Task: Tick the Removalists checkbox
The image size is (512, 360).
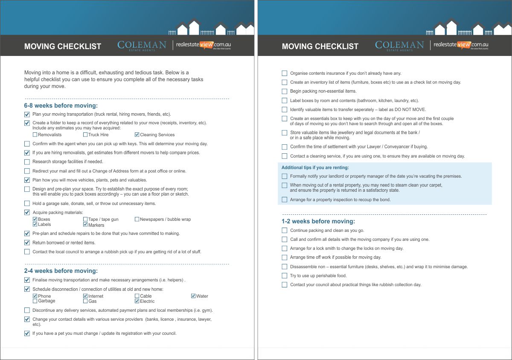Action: pos(35,135)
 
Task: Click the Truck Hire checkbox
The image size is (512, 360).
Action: pos(85,135)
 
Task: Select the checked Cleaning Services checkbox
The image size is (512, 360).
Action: pos(137,135)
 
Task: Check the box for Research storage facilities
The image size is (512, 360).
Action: pos(27,162)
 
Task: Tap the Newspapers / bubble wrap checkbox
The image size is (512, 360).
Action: pos(137,219)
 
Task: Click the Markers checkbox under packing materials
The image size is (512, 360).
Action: pos(85,225)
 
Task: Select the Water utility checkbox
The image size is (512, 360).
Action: pos(193,296)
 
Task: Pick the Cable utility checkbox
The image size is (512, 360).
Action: pos(137,296)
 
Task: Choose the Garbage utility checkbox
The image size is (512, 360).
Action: pos(35,301)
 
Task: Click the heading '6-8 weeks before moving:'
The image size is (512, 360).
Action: pos(61,105)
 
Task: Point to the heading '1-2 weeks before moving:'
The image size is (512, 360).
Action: pos(318,221)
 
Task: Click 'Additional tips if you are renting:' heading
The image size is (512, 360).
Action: pos(315,167)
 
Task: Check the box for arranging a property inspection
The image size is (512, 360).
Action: pos(285,199)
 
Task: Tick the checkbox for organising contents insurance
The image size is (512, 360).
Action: pos(285,73)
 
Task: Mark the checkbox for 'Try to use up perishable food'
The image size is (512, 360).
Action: pos(285,275)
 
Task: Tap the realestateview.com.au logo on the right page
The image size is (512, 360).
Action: pos(460,45)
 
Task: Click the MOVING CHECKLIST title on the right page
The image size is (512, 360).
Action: pos(320,46)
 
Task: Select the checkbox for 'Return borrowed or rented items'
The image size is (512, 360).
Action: pos(27,243)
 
